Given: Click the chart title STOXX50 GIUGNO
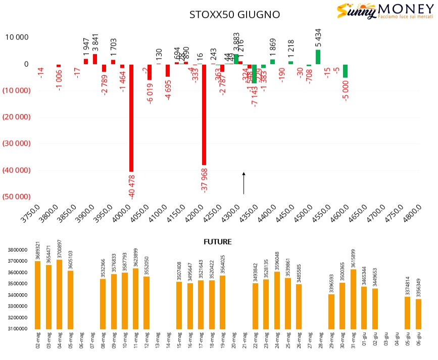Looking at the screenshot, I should coord(234,14).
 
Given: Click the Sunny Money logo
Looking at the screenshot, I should coord(385,12).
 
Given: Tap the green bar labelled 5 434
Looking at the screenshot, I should coord(318,57).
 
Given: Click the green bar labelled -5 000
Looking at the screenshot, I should coord(345,71).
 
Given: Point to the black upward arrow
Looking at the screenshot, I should coord(244,183).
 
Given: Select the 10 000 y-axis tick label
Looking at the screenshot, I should coord(17,37).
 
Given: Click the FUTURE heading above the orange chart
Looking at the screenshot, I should coord(217,242).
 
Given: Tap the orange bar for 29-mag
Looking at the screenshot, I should coord(331,312).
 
